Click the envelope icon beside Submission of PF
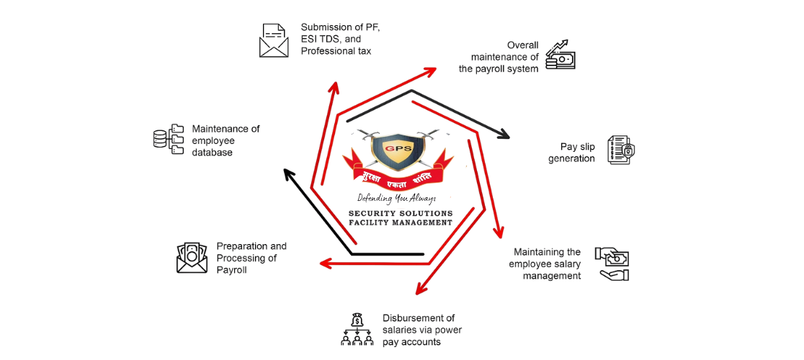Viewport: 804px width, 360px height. point(273,40)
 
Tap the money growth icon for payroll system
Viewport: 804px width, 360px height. point(560,55)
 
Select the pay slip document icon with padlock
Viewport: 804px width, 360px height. point(621,149)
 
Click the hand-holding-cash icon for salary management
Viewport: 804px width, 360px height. point(611,264)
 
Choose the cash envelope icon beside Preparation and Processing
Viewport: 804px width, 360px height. point(192,258)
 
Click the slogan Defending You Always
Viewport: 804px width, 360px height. point(396,198)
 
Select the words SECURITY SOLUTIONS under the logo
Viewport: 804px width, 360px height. point(401,214)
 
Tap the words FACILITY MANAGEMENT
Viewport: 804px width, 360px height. point(401,223)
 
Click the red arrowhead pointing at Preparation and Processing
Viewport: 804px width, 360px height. point(326,264)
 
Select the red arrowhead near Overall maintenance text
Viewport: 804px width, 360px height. point(431,71)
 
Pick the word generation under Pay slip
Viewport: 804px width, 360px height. point(571,158)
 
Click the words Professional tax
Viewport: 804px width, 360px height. point(336,51)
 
